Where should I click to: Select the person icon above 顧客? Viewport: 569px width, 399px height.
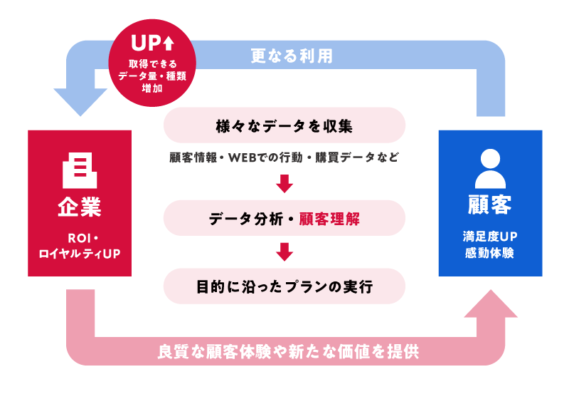490,168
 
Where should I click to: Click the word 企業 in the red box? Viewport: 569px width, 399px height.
80,207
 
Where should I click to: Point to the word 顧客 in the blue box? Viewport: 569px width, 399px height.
490,207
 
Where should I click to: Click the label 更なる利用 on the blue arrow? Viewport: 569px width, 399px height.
292,56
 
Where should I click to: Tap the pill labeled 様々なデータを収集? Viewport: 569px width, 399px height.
284,125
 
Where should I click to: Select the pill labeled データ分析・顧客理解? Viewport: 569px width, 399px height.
284,218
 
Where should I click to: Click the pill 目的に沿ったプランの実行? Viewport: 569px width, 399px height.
284,286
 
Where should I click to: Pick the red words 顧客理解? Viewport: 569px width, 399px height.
329,218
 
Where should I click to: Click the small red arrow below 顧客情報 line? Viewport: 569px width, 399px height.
284,185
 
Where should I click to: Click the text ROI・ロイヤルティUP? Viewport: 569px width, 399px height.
80,245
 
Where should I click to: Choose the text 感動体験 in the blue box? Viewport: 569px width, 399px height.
490,253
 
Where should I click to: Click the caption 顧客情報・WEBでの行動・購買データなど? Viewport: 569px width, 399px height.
284,157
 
